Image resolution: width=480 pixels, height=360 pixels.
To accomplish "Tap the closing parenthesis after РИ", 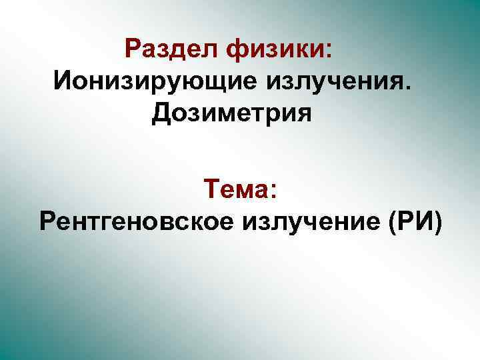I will [x=436, y=221].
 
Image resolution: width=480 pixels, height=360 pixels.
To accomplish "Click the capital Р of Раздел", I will [x=132, y=49].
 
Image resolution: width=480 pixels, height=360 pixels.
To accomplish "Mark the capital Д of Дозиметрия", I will [x=162, y=114].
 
